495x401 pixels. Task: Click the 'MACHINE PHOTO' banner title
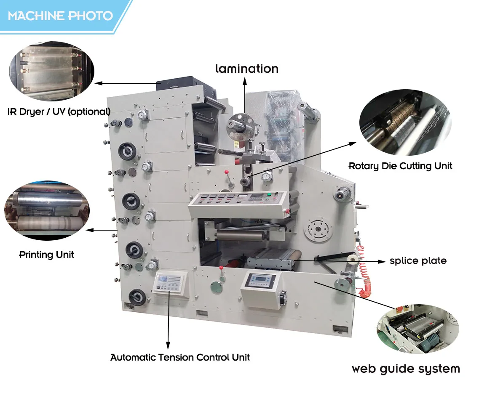60,16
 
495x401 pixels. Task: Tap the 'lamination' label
247,69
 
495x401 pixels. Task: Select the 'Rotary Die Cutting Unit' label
400,166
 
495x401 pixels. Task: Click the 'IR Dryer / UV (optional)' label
59,112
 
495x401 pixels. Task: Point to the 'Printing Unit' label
46,255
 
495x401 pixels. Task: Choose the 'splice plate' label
417,261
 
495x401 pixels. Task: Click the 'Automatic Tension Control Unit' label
180,358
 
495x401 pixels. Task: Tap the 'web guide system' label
406,369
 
